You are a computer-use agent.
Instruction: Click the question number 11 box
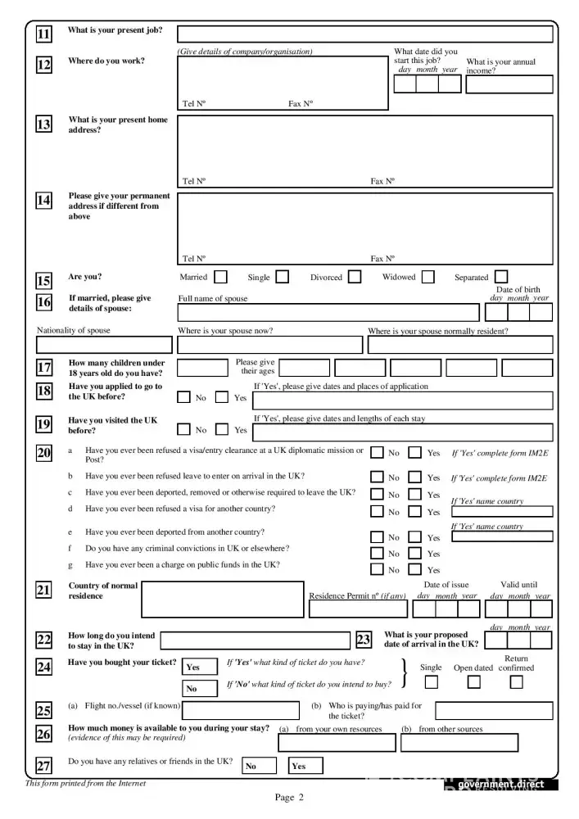coord(43,34)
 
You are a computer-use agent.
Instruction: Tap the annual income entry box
coord(509,84)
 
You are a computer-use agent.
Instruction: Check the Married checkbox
coord(220,277)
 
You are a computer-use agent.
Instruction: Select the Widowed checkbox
coord(427,277)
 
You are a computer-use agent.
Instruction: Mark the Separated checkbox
coord(501,277)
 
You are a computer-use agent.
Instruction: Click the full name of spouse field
coord(328,312)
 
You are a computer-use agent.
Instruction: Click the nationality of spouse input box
coord(104,345)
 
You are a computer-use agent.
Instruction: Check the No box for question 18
coord(184,397)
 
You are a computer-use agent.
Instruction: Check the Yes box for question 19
coord(222,429)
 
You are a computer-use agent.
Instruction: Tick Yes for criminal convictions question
coord(415,554)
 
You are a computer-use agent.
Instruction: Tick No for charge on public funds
coord(377,570)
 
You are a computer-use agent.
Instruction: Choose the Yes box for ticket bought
coord(200,667)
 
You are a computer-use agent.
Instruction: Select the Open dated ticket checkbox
coord(473,681)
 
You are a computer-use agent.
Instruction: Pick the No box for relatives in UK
coord(259,766)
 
